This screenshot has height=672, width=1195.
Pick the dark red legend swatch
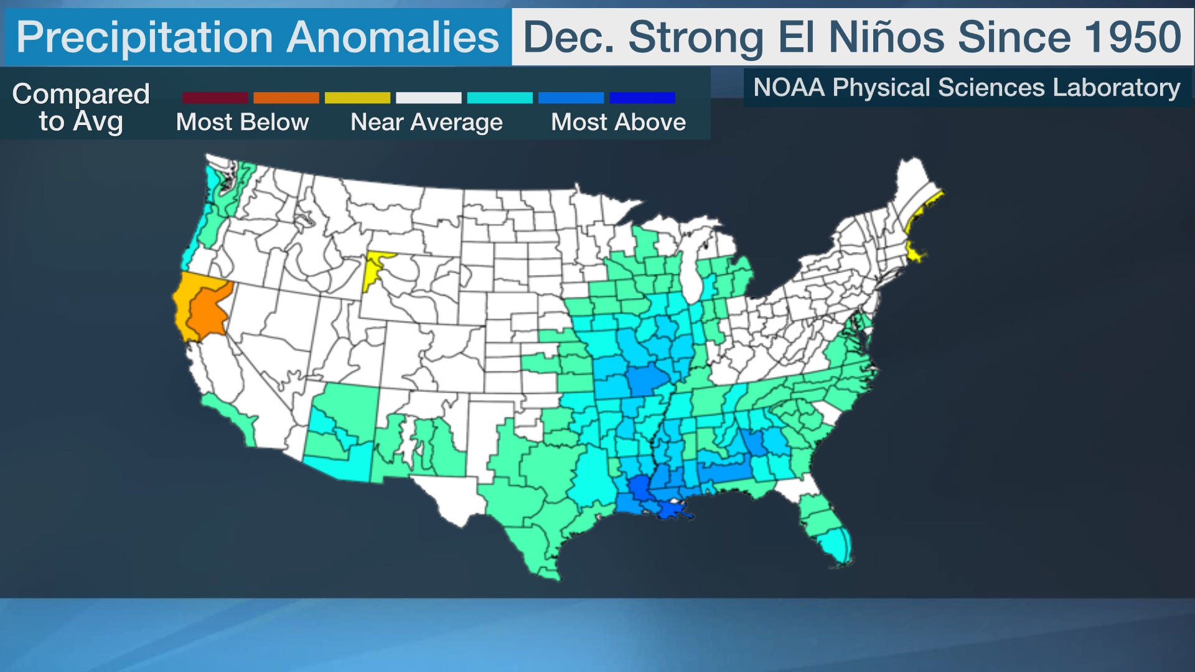(215, 98)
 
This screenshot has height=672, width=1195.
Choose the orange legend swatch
(286, 98)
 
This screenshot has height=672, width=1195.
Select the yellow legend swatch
(357, 98)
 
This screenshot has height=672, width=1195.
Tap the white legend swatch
(428, 98)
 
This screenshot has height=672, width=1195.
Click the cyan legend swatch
(500, 98)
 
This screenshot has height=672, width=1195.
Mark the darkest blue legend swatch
(642, 98)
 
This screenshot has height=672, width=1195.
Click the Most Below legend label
(242, 122)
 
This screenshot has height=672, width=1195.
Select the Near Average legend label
(426, 122)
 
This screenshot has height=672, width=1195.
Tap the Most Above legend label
(618, 122)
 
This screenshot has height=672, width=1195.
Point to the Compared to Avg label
(81, 107)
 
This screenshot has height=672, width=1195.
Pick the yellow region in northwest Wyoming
(373, 268)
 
